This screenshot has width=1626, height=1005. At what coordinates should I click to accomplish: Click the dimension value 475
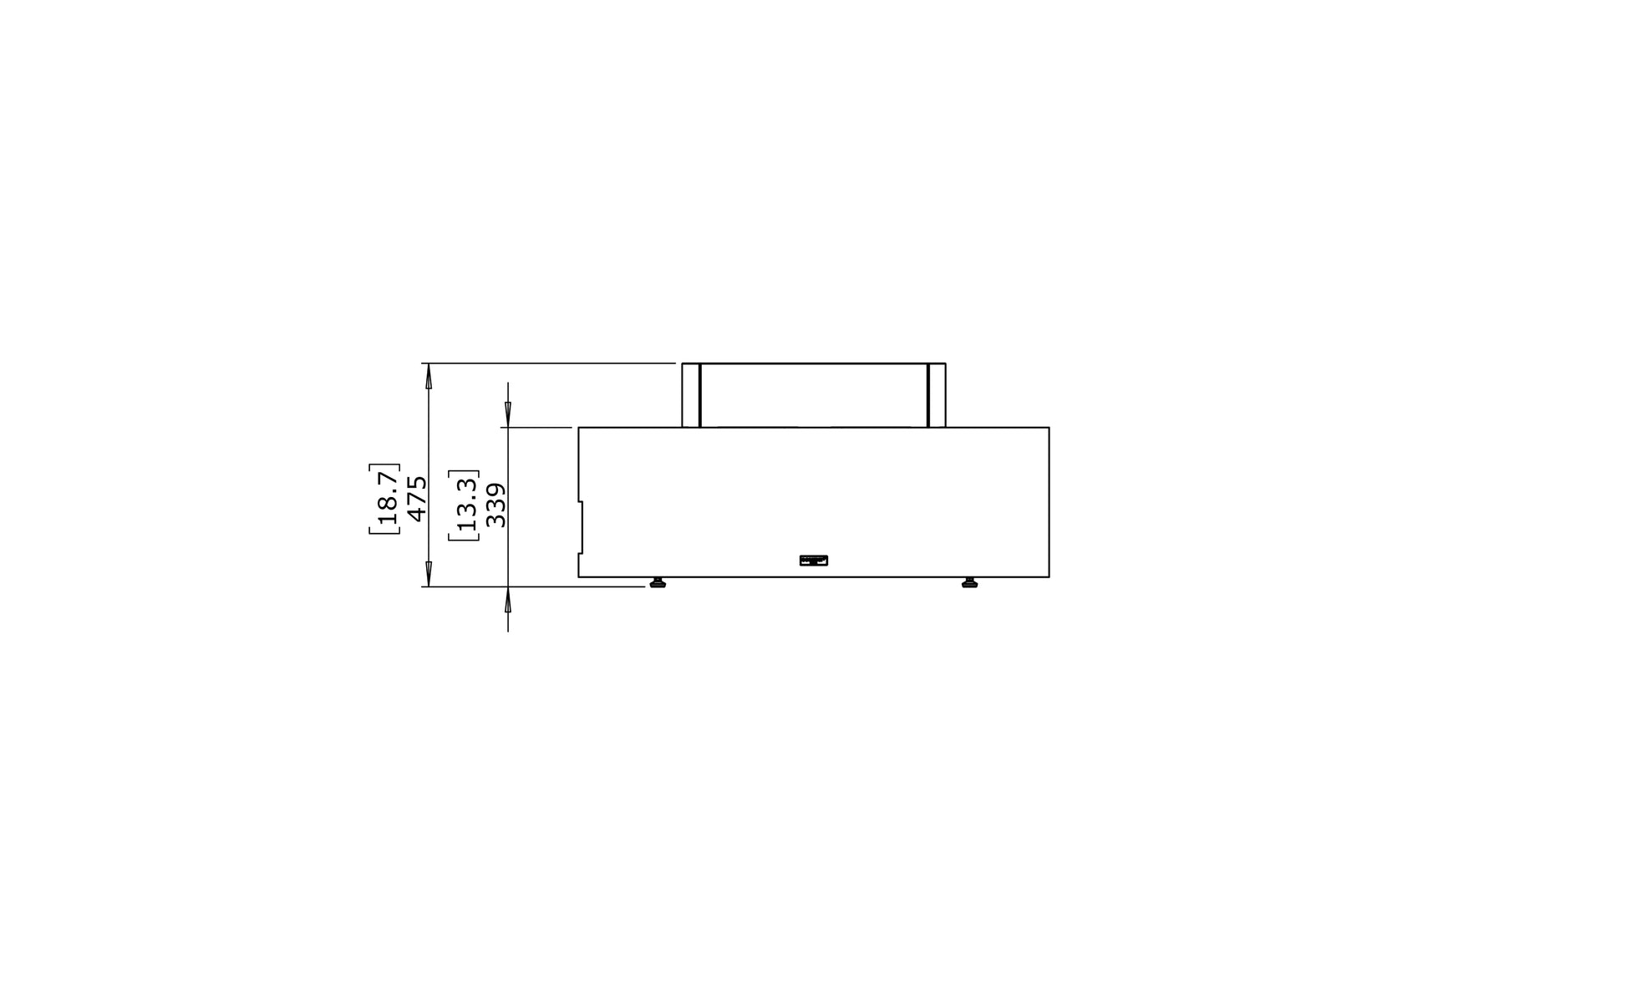point(417,499)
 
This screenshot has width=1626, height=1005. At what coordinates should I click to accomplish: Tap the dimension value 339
point(495,505)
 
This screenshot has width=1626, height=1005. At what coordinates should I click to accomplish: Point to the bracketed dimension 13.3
point(465,505)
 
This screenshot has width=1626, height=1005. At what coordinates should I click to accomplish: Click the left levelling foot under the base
point(658,582)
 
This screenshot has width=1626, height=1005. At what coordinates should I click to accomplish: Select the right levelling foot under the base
point(969,582)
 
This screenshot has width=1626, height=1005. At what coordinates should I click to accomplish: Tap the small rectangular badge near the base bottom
point(814,561)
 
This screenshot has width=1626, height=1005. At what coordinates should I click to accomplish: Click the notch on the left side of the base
point(581,527)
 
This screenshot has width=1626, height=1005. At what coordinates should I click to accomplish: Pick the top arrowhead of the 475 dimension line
point(429,377)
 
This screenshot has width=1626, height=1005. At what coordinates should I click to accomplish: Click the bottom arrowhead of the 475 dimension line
point(429,574)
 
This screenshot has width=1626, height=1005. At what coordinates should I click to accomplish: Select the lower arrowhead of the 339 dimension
point(508,601)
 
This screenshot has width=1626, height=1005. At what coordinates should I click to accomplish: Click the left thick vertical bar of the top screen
point(700,395)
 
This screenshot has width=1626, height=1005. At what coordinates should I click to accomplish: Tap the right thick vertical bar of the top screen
point(927,395)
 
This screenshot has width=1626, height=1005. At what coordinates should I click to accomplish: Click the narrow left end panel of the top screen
point(691,395)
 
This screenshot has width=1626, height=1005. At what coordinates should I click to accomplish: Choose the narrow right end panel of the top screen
point(937,395)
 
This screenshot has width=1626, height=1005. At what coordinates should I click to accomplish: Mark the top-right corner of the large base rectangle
point(1049,428)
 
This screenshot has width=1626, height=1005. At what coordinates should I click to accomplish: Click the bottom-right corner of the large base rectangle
point(1049,576)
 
